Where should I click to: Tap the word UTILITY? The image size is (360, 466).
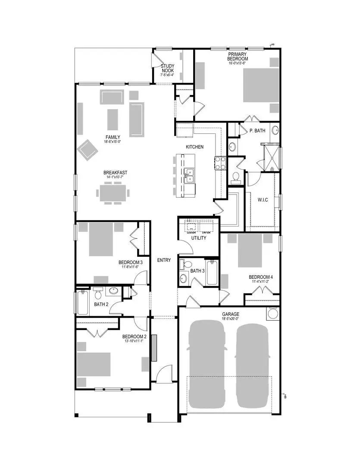coord(199,238)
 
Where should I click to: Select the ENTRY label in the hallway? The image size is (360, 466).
coord(164,260)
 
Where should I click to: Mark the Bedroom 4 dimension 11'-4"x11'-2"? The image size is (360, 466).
coord(260,282)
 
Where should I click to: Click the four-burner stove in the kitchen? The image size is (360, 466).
coord(220,163)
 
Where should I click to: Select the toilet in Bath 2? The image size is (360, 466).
coord(97,294)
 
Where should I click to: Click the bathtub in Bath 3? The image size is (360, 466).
coord(212,274)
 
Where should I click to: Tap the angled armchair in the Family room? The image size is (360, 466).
coord(88,149)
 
